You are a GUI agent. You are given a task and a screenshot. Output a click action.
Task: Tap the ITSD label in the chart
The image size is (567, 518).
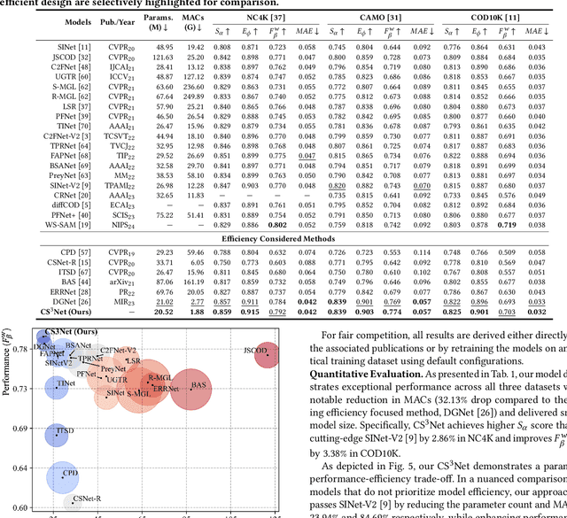65,431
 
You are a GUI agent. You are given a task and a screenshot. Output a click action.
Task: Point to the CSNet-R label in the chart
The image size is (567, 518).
88,499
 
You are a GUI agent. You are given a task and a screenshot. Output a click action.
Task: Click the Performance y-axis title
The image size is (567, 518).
8,363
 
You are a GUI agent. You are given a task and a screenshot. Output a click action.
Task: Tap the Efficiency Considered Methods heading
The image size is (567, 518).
283,239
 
